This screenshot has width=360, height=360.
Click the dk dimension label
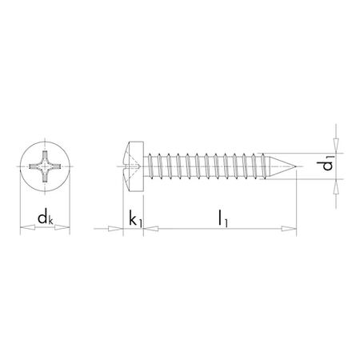46,217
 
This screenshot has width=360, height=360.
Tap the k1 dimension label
134,217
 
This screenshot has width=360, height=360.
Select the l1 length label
220,217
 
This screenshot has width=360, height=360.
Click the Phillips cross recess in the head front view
46,169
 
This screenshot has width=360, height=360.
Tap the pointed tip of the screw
298,169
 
